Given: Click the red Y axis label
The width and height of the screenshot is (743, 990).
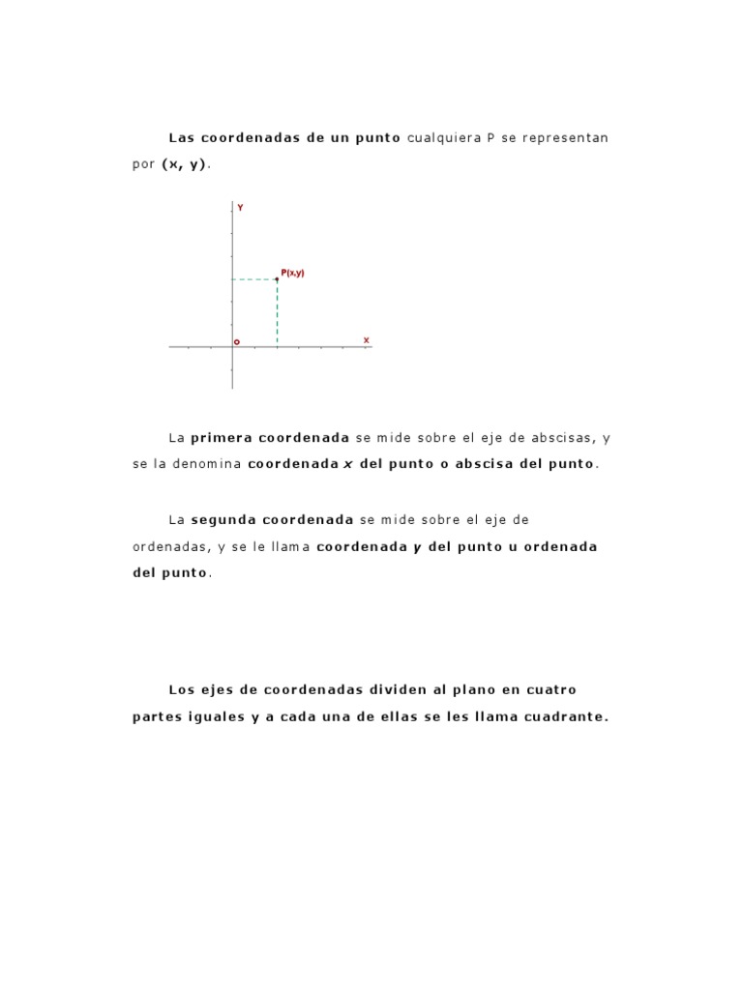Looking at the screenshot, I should (240, 208).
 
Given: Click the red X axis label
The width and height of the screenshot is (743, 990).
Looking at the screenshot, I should (367, 340).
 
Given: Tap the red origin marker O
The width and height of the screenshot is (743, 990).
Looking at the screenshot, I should (237, 341).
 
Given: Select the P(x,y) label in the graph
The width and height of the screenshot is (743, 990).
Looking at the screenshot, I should (293, 273).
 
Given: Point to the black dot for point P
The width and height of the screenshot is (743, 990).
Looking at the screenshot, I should (278, 279).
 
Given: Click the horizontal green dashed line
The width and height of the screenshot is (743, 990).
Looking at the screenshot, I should (253, 279).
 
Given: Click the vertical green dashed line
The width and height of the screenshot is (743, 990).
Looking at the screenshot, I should (278, 313).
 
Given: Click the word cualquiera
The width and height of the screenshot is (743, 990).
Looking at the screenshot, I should (444, 137).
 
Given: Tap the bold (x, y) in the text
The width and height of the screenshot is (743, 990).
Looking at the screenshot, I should (184, 164).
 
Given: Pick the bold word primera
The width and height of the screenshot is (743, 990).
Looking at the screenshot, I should (222, 438).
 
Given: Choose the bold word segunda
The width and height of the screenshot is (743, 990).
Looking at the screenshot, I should (223, 520).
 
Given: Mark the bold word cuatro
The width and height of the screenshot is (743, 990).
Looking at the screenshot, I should (551, 690).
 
